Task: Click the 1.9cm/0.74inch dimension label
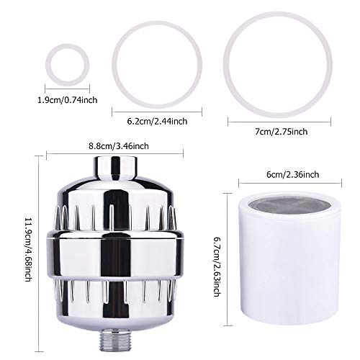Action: (68, 100)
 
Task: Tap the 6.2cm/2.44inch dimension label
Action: (157, 121)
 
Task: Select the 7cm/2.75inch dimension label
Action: (282, 132)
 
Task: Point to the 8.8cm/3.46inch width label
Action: (119, 146)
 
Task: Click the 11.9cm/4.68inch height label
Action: (29, 250)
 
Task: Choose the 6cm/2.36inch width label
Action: (293, 174)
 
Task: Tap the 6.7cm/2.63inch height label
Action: (217, 267)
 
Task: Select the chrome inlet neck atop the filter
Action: (115, 168)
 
